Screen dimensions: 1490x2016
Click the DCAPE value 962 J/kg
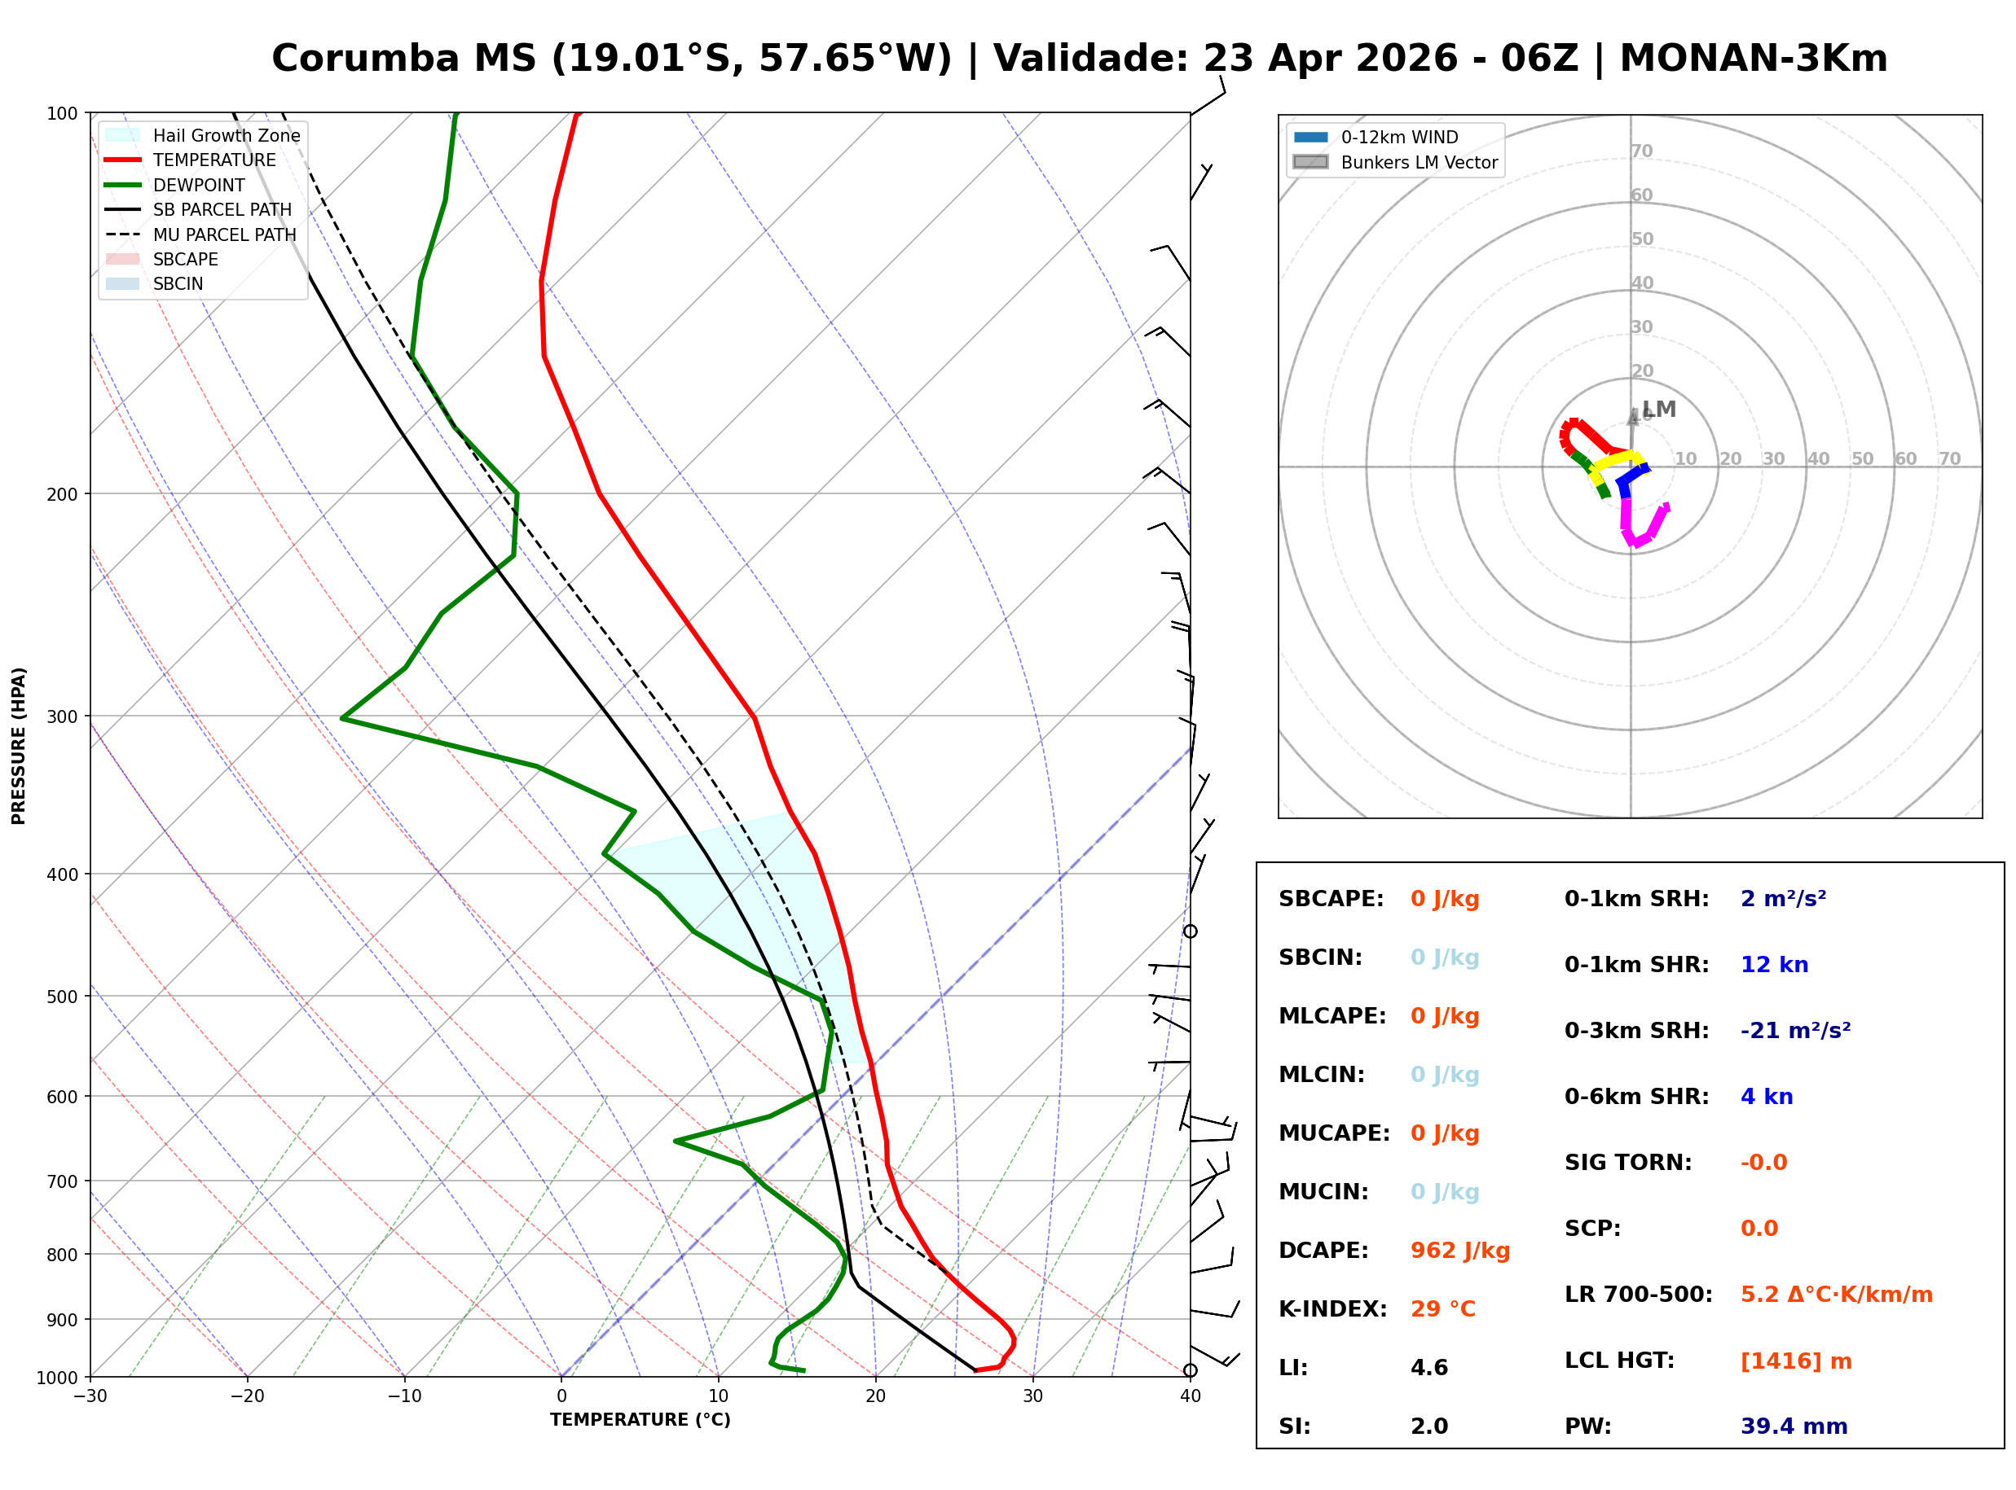(1459, 1250)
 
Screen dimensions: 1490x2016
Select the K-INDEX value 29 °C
(1442, 1308)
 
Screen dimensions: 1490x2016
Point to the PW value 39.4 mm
(1793, 1426)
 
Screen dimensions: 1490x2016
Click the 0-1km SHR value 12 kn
(1773, 964)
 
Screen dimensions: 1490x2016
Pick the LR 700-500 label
(1637, 1295)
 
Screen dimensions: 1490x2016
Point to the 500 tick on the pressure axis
(61, 997)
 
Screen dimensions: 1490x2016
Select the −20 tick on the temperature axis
(246, 1396)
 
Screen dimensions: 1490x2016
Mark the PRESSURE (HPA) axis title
(19, 745)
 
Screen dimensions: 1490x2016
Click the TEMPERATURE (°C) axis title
(640, 1420)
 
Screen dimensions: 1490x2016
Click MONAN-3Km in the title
(1753, 59)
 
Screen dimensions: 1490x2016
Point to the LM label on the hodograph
(1658, 409)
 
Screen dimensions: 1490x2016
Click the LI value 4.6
(1428, 1367)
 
